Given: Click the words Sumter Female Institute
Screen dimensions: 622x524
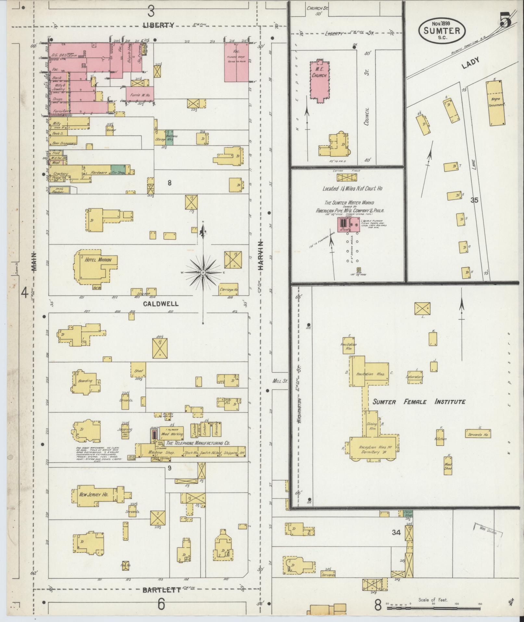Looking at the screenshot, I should [x=419, y=402].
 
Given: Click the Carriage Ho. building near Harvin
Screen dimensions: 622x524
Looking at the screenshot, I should [x=229, y=289].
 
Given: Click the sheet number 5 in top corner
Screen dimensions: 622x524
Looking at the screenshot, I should [x=505, y=20].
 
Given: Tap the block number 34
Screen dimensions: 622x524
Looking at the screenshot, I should [x=396, y=533].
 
